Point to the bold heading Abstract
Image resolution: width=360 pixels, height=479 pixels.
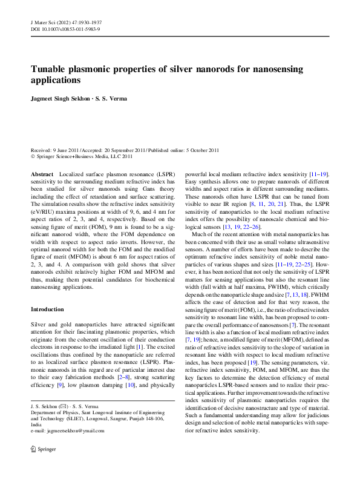pyautogui.click(x=41, y=174)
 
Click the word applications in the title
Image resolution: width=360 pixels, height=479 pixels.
pyautogui.click(x=56, y=80)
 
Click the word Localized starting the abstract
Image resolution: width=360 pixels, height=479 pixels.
pyautogui.click(x=72, y=174)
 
